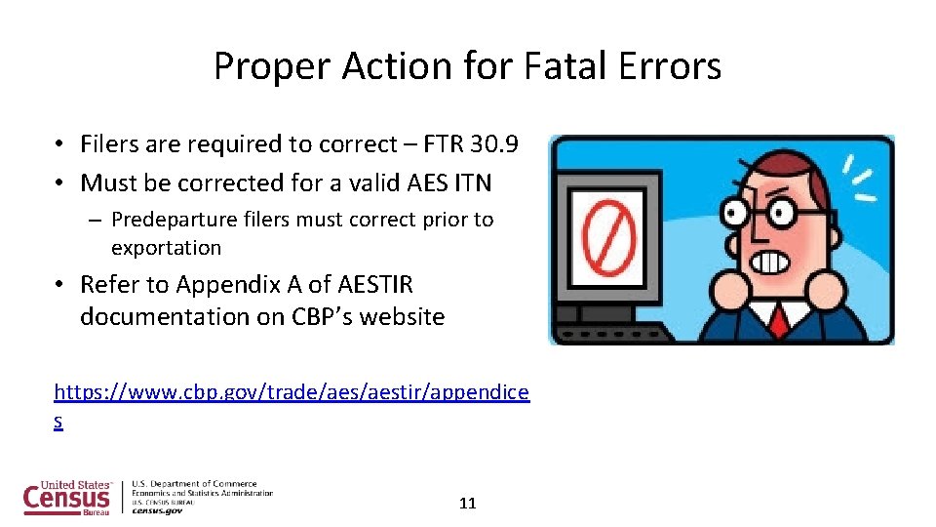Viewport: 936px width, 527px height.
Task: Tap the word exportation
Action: coord(166,248)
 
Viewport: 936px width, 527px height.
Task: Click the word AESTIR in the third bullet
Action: coord(374,285)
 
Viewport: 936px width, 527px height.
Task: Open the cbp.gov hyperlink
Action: coord(292,392)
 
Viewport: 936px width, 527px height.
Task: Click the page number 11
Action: coord(467,504)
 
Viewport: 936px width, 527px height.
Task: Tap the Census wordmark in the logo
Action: coord(67,498)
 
